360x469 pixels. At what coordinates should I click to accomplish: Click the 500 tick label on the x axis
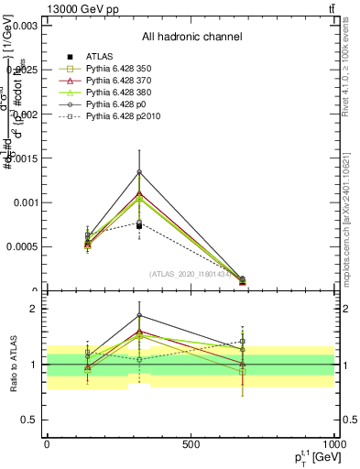tap(191, 443)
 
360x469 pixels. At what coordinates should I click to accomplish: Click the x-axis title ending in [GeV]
tap(311, 456)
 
